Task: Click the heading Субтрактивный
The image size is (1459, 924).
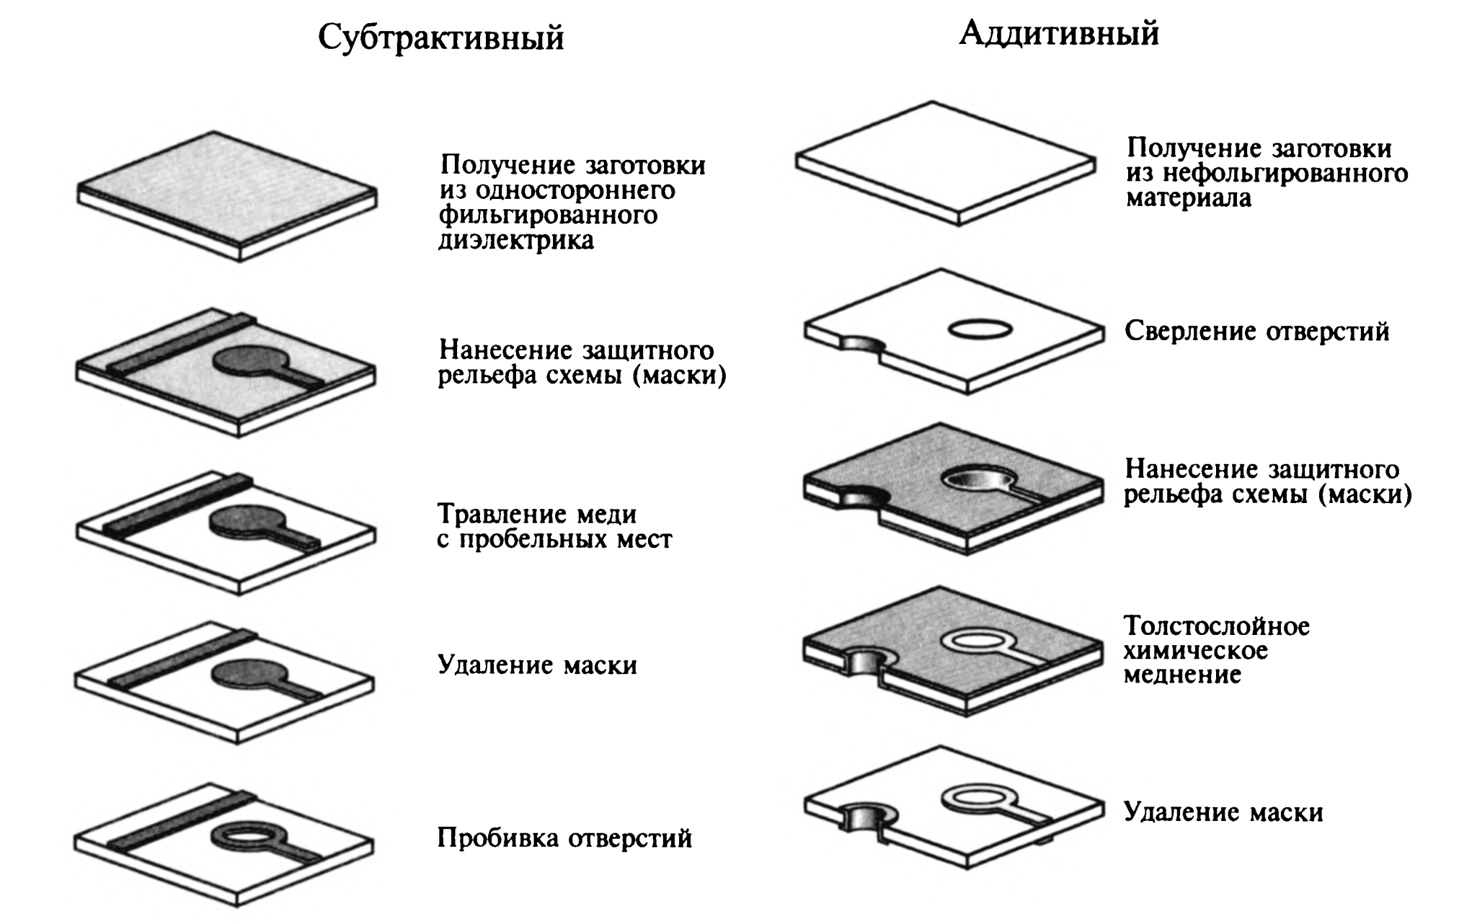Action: point(441,38)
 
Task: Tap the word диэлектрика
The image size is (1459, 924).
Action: point(516,240)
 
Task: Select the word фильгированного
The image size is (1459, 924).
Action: point(548,215)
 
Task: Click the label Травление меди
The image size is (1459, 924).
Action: point(537,514)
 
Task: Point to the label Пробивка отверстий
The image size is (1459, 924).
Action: point(564,838)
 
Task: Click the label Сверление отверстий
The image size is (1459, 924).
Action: point(1256,332)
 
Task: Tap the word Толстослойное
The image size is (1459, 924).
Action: point(1217,626)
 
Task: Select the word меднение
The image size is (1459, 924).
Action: point(1182,675)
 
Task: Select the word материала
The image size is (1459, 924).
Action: point(1189,198)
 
